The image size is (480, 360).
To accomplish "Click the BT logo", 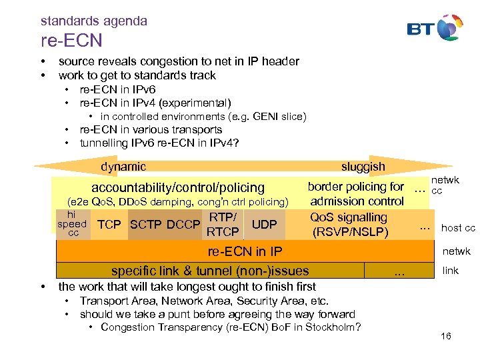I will pyautogui.click(x=435, y=28).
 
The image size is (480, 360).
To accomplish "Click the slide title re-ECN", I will pyautogui.click(x=71, y=41).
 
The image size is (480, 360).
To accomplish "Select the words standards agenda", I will pyautogui.click(x=93, y=21).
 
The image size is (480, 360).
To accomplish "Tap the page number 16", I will pyautogui.click(x=446, y=336).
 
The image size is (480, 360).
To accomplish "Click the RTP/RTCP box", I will pyautogui.click(x=223, y=224).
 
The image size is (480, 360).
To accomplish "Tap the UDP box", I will pyautogui.click(x=264, y=225).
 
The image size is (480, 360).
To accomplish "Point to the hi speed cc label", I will pyautogui.click(x=73, y=224).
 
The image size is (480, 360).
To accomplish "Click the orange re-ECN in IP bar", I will pyautogui.click(x=245, y=251).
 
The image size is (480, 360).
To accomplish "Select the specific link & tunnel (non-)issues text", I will pyautogui.click(x=210, y=271).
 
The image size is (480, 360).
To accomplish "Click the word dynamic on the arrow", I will pyautogui.click(x=123, y=166).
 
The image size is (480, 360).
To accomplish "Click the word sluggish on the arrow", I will pyautogui.click(x=363, y=166).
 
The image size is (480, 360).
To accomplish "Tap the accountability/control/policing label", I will pyautogui.click(x=178, y=188).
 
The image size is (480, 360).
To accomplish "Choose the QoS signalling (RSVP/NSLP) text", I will pyautogui.click(x=349, y=225).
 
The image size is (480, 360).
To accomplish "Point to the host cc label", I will pyautogui.click(x=458, y=228).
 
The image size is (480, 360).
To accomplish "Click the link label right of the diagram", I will pyautogui.click(x=451, y=270).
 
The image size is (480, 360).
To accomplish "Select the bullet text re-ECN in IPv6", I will pyautogui.click(x=117, y=89).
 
